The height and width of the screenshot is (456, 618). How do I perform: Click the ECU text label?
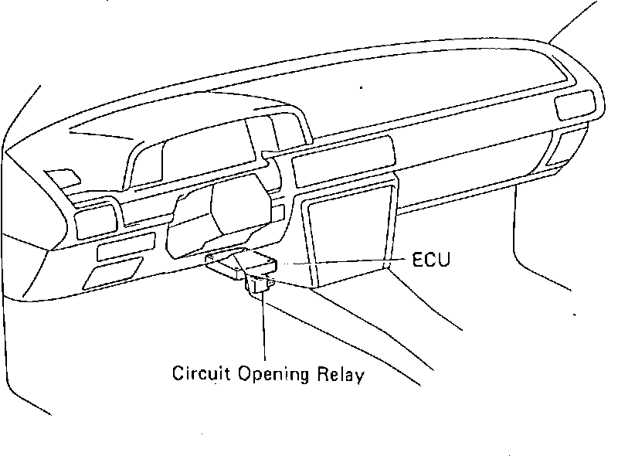(429, 260)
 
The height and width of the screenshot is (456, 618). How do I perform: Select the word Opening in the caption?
(271, 376)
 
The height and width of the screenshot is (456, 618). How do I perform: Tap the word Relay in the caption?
(341, 375)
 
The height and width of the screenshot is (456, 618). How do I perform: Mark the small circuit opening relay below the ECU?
(260, 286)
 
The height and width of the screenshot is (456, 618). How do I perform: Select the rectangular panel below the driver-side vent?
(124, 248)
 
